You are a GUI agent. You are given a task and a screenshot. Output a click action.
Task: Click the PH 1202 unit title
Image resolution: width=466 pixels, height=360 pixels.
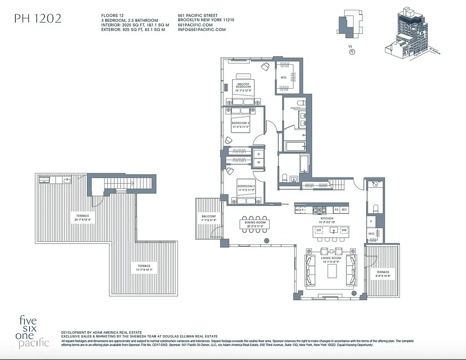click(38, 18)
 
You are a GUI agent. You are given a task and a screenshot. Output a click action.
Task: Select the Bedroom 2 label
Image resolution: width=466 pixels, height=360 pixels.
click(241, 125)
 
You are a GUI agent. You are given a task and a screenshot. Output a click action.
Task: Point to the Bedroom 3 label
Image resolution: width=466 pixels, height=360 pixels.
click(246, 188)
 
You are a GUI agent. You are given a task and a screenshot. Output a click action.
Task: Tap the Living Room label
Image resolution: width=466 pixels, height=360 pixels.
click(331, 260)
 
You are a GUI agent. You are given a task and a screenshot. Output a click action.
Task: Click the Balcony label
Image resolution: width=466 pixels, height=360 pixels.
click(209, 218)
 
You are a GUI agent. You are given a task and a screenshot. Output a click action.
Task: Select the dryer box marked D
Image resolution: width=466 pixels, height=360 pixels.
click(259, 154)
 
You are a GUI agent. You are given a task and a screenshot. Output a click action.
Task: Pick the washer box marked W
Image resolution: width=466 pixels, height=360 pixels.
click(259, 163)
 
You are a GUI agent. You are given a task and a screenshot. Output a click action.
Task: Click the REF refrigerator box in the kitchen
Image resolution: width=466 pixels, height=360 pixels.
click(344, 210)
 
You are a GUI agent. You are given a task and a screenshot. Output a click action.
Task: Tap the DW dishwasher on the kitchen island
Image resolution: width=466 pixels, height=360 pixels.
click(345, 230)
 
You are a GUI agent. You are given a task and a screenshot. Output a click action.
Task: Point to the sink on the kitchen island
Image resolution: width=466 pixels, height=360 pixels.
click(333, 230)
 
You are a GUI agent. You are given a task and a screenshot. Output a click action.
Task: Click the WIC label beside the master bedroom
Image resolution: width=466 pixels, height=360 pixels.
click(284, 77)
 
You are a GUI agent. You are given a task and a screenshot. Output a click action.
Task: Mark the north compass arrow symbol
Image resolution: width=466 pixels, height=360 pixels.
click(352, 52)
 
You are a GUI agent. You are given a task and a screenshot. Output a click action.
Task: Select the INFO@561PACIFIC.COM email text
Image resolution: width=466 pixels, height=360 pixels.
click(202, 30)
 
